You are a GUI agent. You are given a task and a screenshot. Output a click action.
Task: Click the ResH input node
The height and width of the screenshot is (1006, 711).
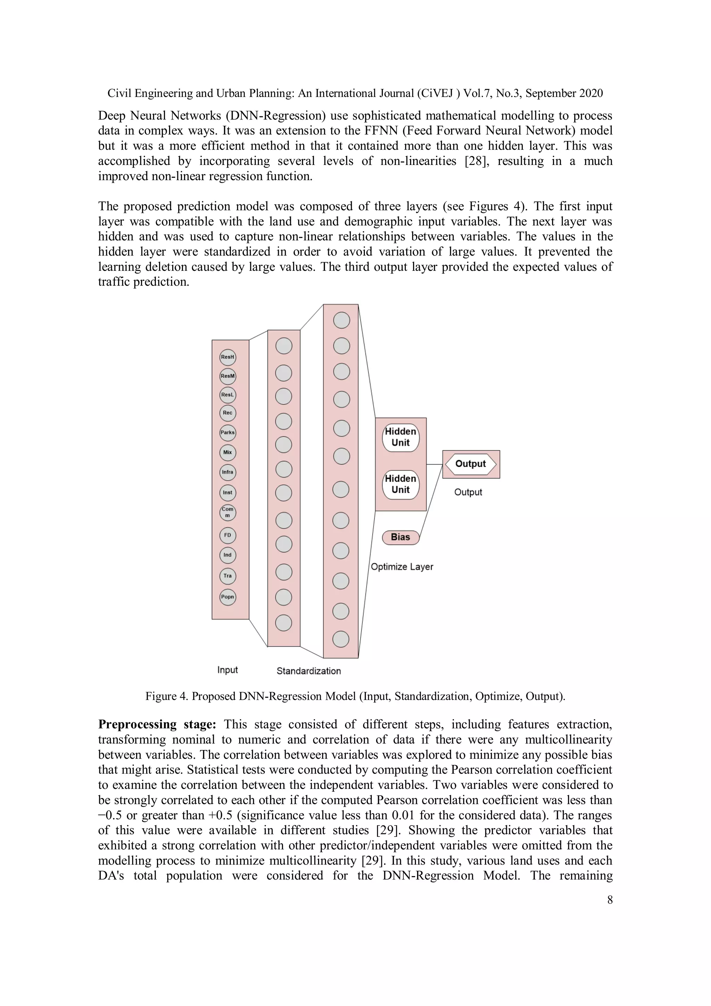tap(227, 357)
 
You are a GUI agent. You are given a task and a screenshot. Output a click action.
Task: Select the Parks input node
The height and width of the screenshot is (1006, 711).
tap(227, 432)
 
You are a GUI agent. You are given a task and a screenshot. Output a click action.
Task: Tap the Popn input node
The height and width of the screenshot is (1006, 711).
tap(227, 597)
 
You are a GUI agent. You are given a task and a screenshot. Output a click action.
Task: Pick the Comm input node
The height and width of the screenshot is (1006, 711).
tap(227, 512)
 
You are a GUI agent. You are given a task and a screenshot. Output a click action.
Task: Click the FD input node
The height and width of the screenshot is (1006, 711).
tap(227, 535)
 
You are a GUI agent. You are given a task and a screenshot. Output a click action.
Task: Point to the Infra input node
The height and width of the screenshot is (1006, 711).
tap(227, 472)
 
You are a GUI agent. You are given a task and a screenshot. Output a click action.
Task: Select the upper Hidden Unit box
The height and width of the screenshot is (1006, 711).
tap(400, 437)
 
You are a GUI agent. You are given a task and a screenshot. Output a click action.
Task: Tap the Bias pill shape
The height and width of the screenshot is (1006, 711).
tap(400, 537)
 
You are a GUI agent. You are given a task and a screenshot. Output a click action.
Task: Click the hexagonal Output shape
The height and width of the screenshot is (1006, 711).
tap(470, 464)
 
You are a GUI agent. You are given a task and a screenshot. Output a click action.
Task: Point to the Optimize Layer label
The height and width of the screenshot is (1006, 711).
tap(402, 566)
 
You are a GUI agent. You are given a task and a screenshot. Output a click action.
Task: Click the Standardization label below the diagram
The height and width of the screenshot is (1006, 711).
tap(308, 671)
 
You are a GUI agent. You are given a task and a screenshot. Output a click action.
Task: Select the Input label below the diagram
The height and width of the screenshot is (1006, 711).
tap(227, 670)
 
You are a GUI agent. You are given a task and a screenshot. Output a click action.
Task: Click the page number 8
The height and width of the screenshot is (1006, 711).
tap(610, 900)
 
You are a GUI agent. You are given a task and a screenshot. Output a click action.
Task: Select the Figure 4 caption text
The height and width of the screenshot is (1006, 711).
tap(355, 696)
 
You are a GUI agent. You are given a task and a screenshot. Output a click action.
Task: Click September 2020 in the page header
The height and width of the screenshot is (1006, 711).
tap(564, 93)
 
